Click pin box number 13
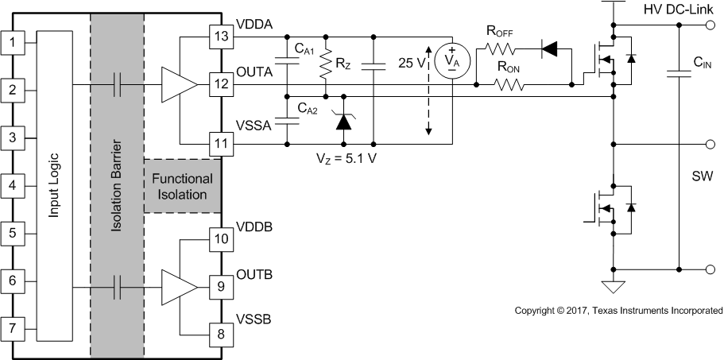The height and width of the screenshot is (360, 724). point(220,37)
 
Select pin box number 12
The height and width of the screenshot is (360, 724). point(220,83)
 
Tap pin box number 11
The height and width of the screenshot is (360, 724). point(220,144)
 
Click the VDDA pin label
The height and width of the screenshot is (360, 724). point(254,25)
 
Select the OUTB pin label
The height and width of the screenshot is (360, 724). point(254,275)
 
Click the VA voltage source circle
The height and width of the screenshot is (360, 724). point(451,63)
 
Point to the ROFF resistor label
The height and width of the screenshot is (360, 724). point(501,33)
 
